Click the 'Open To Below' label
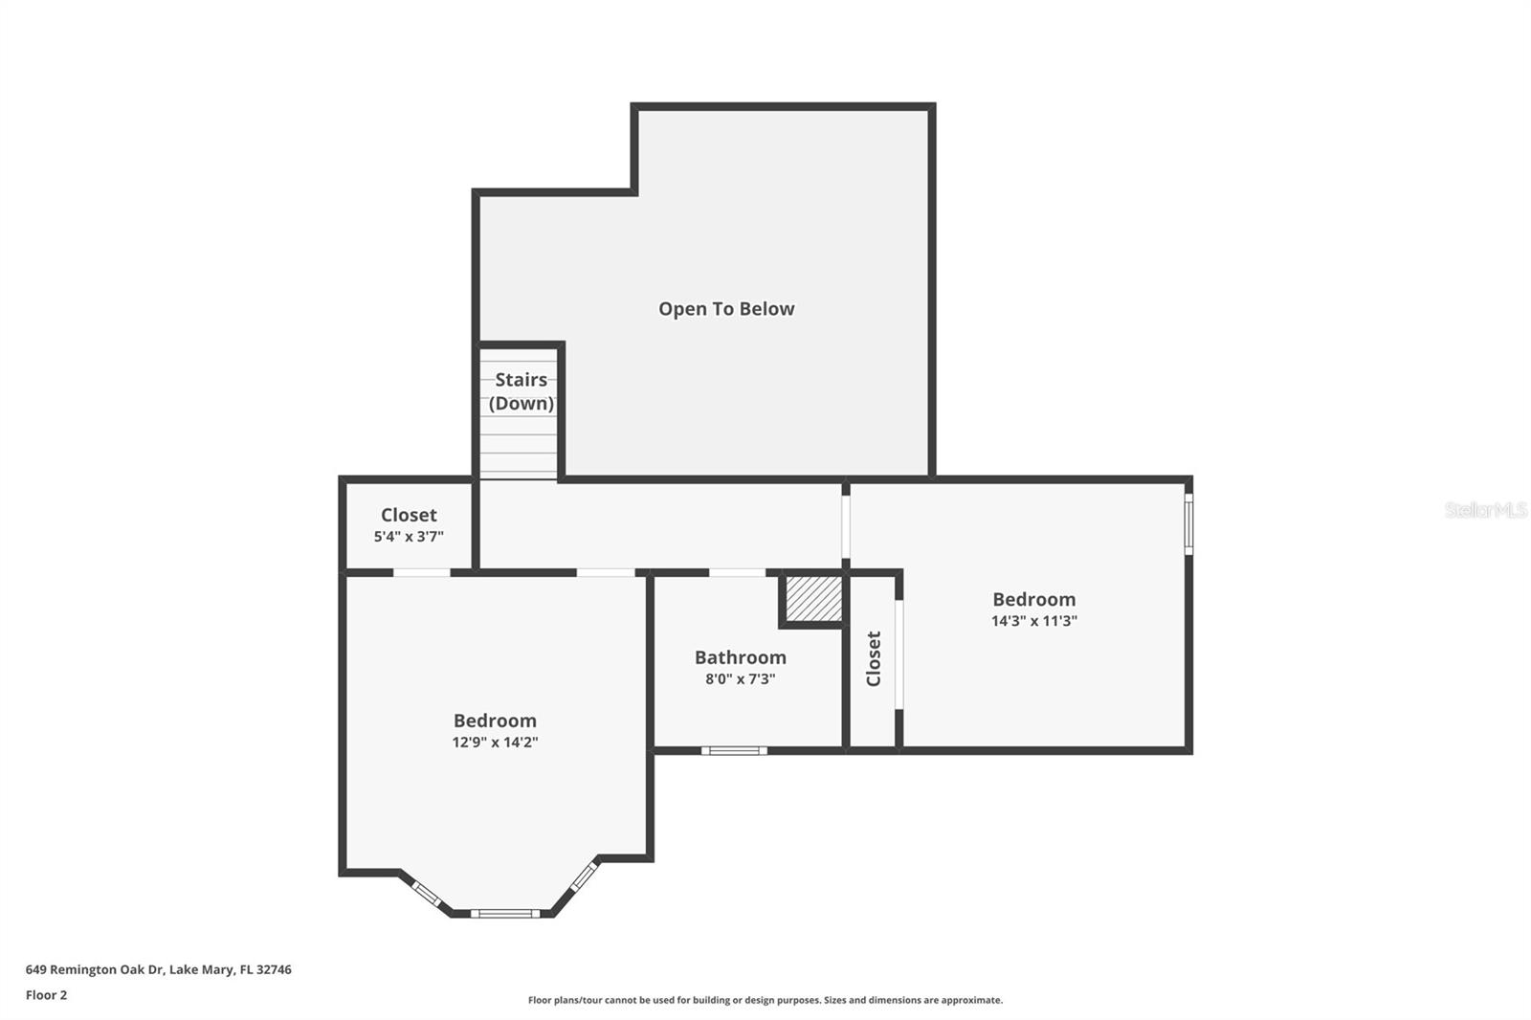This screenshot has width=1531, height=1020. [x=726, y=309]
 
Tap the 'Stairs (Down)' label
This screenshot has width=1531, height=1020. [x=521, y=391]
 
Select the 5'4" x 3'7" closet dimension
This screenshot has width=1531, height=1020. [x=409, y=537]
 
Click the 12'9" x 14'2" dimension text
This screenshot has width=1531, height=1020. [x=495, y=743]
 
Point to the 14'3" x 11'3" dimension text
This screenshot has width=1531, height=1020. [x=1033, y=621]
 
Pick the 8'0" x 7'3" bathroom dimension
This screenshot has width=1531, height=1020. [x=740, y=679]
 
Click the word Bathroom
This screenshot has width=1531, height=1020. [x=740, y=657]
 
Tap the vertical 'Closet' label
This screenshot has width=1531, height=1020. [x=874, y=658]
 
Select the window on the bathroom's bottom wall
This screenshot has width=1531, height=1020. [x=734, y=751]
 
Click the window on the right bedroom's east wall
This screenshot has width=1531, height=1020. [x=1188, y=523]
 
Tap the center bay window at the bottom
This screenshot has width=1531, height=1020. [x=505, y=914]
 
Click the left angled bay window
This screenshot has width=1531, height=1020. [x=426, y=894]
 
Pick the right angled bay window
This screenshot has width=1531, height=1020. [x=584, y=876]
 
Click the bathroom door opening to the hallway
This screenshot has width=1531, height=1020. [x=737, y=573]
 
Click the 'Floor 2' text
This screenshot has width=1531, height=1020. [x=46, y=995]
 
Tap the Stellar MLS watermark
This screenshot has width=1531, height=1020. [x=1485, y=510]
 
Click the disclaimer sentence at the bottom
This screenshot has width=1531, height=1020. [x=765, y=1000]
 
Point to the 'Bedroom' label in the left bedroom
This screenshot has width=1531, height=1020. [x=495, y=721]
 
